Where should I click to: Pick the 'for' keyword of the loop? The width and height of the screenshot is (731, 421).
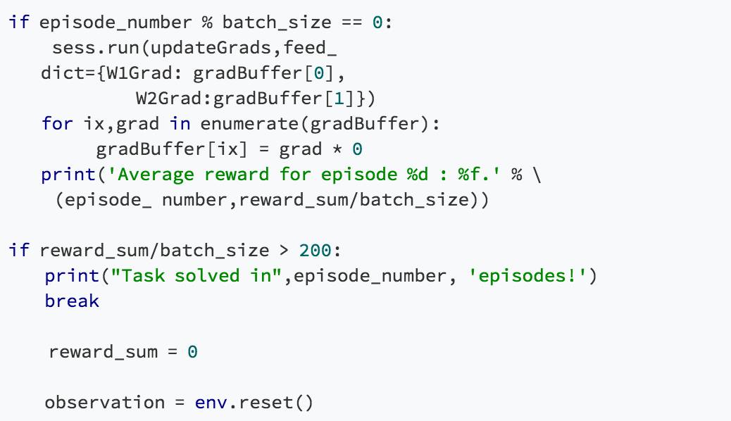(x=56, y=124)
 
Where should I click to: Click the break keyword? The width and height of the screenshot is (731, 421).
(x=72, y=301)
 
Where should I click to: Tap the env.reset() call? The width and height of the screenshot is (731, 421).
(x=253, y=402)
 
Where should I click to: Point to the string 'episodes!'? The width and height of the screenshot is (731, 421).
(x=527, y=275)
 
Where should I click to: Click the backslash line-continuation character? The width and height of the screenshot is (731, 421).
(x=537, y=175)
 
